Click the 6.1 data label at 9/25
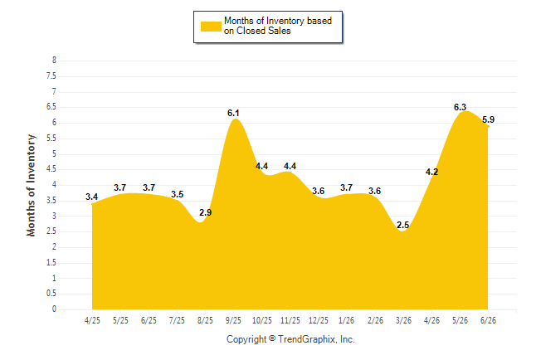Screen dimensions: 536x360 tap(233, 113)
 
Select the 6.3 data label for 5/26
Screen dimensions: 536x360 tap(460, 107)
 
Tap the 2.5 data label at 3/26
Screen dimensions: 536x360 tap(402, 225)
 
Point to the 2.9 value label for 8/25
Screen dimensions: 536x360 tap(206, 212)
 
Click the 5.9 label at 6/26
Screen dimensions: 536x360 tap(488, 119)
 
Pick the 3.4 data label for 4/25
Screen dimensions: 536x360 tap(91, 197)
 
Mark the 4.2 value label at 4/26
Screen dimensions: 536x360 tap(431, 172)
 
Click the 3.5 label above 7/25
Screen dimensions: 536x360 tap(177, 194)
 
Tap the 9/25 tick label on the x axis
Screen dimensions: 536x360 tap(233, 320)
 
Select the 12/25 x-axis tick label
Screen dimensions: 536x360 tap(319, 320)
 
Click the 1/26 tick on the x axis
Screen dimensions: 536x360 tap(347, 320)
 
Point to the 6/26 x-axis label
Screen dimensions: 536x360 tap(488, 320)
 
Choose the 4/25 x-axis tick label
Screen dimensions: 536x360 tap(92, 320)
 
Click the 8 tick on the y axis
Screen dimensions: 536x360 tap(54, 61)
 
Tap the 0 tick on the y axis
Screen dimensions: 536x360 tap(54, 309)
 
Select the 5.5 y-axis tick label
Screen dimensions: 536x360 tap(51, 139)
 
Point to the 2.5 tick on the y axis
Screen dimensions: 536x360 tap(51, 231)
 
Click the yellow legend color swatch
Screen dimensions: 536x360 tap(211, 27)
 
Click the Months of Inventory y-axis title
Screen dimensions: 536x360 tap(31, 185)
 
